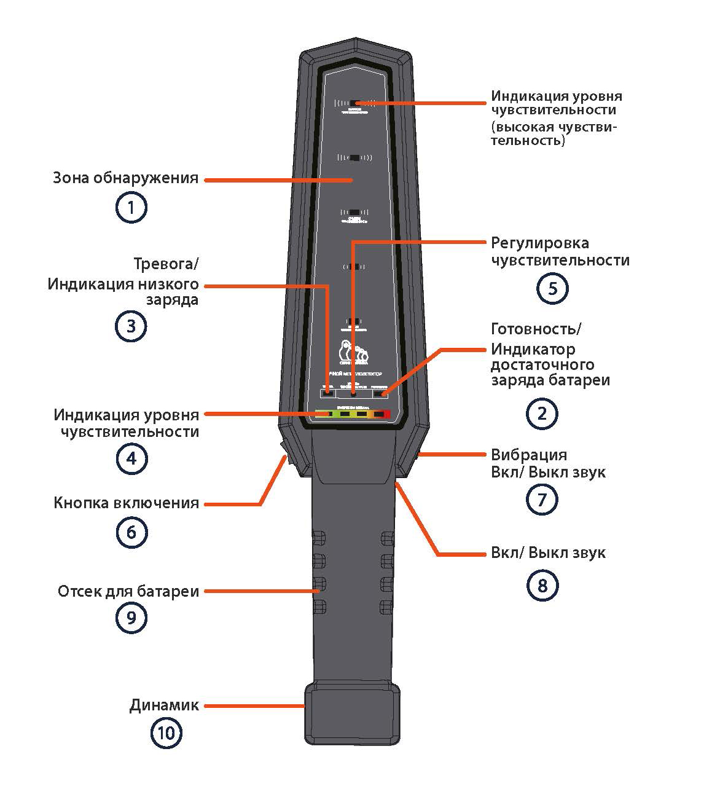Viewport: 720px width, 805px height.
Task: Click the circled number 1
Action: [131, 208]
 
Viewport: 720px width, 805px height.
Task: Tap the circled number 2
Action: [542, 414]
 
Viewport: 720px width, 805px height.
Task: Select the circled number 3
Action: [131, 326]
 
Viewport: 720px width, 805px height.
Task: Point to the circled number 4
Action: [131, 458]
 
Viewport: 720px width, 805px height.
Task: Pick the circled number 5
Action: [552, 289]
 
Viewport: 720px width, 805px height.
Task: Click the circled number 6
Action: [131, 532]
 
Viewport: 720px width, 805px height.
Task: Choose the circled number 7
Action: [542, 500]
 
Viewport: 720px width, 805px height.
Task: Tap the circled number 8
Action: [542, 586]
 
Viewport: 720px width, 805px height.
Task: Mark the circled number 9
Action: [131, 618]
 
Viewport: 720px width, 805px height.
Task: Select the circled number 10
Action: [166, 733]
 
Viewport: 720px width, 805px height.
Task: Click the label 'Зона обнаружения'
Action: [126, 179]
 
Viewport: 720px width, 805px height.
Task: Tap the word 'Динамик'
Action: [164, 705]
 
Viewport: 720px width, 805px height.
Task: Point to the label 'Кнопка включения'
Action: [127, 503]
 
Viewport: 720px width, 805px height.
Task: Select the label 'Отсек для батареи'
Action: [128, 592]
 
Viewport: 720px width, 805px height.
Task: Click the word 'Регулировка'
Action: [540, 243]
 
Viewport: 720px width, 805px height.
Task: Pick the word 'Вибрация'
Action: [529, 455]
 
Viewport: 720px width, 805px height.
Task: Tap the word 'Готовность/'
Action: [536, 329]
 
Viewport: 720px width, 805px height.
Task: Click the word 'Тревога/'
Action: [166, 264]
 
